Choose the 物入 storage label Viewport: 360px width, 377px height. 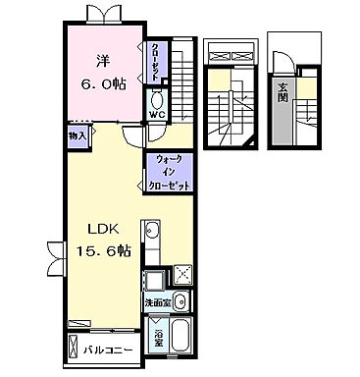[77, 135]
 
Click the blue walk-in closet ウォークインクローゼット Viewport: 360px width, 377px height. [166, 171]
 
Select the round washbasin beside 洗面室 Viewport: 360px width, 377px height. [180, 300]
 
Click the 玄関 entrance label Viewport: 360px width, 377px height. [283, 95]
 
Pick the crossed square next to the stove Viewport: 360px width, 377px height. [181, 276]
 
